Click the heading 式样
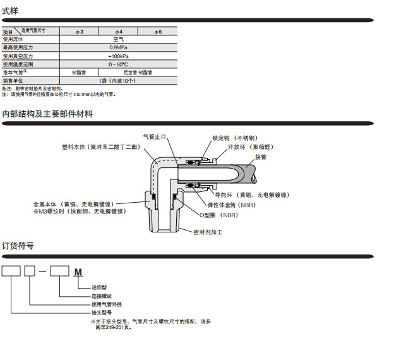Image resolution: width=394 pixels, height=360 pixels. [x=11, y=10]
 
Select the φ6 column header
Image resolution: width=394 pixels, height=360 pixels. [x=158, y=31]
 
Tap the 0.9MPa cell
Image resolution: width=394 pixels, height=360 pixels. [x=118, y=47]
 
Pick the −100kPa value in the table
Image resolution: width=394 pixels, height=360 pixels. [x=118, y=56]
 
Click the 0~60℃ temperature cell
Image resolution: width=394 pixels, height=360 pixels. [x=118, y=64]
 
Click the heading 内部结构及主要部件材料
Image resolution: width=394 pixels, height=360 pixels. [x=47, y=114]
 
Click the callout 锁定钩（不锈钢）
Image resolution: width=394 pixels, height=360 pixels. [x=234, y=138]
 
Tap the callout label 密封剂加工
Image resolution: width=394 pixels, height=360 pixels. [x=208, y=232]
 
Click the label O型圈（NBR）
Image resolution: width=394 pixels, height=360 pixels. [x=217, y=215]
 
